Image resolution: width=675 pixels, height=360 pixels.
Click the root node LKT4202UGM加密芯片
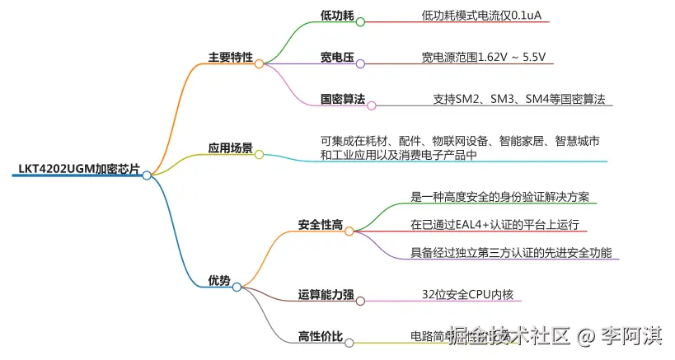(x=79, y=170)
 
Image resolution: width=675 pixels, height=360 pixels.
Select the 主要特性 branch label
(x=230, y=58)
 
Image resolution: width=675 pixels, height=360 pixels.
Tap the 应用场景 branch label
(x=230, y=148)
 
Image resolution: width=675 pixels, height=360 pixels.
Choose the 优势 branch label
(x=219, y=281)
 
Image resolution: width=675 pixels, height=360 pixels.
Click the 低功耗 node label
(x=336, y=16)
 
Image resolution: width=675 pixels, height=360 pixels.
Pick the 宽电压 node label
(x=336, y=58)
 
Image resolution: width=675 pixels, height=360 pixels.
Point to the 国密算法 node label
(x=342, y=100)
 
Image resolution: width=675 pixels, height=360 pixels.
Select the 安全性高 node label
(x=320, y=224)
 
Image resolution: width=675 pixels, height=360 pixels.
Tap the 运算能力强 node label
(x=326, y=294)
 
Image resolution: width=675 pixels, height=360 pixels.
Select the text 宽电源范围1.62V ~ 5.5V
(x=483, y=58)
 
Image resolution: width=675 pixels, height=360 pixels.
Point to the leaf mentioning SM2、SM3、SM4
(x=518, y=100)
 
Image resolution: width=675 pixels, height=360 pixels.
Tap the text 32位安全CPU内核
(x=471, y=294)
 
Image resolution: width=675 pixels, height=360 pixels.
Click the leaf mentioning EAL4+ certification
(x=495, y=224)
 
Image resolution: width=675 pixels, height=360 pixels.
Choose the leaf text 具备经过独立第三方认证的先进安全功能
(x=511, y=252)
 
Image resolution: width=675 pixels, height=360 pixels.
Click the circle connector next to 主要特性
(x=259, y=63)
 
